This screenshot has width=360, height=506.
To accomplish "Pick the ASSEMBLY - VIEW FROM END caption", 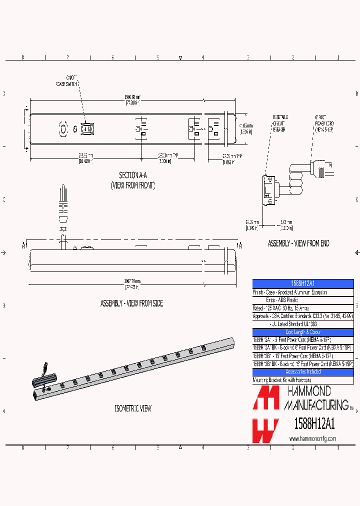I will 298,243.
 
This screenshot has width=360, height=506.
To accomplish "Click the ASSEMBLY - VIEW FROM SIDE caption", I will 131,303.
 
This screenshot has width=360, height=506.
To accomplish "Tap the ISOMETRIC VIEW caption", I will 133,408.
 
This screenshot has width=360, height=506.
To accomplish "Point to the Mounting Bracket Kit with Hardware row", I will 282,380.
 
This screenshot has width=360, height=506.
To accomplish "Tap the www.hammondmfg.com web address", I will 312,438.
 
